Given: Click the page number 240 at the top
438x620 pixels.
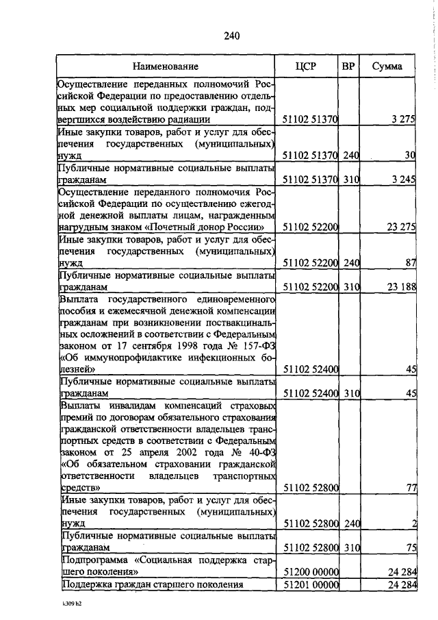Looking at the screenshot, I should (231, 36).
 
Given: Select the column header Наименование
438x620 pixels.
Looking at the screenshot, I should (166, 66).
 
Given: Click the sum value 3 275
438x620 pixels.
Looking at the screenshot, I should (403, 119).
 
